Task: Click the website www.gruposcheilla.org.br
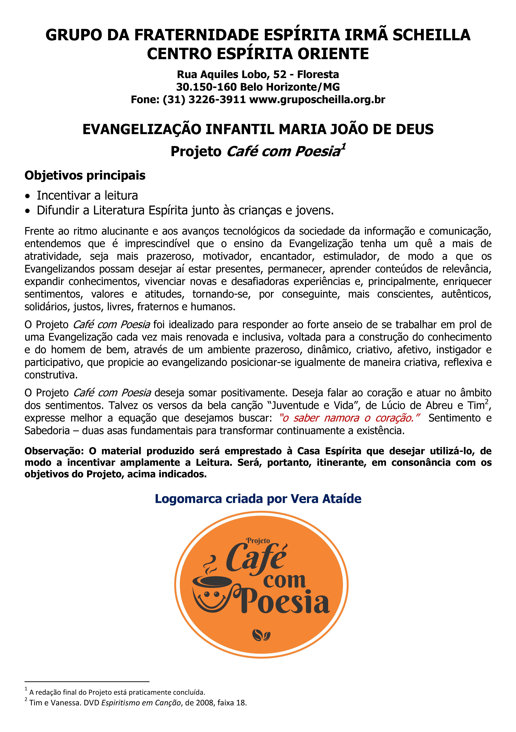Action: tap(317, 99)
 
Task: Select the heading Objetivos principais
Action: tap(85, 175)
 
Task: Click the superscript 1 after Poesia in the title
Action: tap(343, 147)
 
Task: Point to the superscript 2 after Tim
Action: tap(486, 402)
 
